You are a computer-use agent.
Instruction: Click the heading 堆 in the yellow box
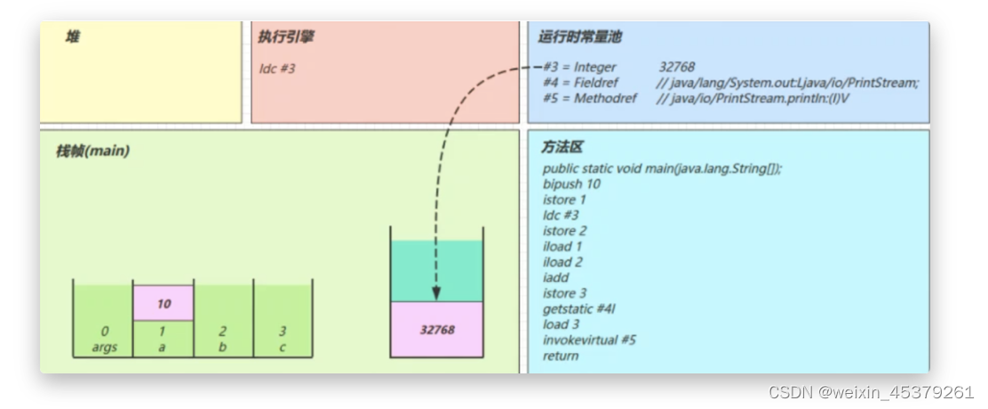click(x=72, y=37)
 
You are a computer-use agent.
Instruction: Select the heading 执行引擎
click(x=285, y=37)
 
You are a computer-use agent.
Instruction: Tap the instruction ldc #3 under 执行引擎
click(x=276, y=68)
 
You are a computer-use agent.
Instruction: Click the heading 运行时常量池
click(x=579, y=37)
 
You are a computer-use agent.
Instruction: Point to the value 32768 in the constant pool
click(x=677, y=67)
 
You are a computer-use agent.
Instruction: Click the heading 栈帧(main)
click(x=92, y=151)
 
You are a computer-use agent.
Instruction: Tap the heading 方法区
click(x=562, y=148)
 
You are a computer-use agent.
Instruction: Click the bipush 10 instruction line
click(x=571, y=184)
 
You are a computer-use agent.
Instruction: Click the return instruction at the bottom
click(x=561, y=356)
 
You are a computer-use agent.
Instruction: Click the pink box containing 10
click(x=163, y=303)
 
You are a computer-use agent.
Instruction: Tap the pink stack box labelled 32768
click(x=436, y=330)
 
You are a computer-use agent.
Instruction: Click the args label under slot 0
click(x=105, y=347)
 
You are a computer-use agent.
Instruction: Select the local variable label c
click(x=283, y=347)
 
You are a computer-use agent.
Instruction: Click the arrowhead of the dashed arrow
click(x=436, y=293)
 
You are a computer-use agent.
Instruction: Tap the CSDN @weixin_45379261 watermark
click(x=871, y=392)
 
